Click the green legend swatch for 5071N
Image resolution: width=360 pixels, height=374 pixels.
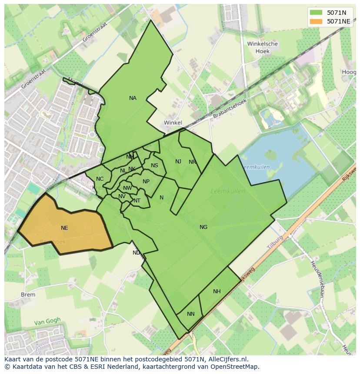pos(317,13)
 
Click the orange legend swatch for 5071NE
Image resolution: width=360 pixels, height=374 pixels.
pos(317,21)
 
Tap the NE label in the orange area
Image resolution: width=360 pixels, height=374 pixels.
pos(64,228)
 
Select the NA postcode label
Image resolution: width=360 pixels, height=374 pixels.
pos(133,98)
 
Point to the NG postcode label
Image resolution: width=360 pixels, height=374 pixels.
pos(203,227)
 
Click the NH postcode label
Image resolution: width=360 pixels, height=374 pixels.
pos(217,291)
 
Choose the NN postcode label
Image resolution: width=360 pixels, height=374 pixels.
pos(191,314)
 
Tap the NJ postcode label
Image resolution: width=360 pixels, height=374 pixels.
pos(178,162)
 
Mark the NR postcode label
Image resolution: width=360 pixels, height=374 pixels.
pos(192,162)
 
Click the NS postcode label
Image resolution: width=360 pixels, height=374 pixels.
pos(154,165)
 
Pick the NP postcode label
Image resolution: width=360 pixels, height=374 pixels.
pos(146,182)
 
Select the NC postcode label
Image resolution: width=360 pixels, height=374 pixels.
pos(100,179)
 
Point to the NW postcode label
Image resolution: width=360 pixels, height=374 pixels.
pos(127,188)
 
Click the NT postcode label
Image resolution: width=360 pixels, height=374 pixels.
pos(137,201)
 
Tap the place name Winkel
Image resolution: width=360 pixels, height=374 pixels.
pos(173,123)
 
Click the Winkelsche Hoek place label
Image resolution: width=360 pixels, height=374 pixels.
pos(262,47)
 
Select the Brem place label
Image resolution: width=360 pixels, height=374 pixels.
pos(28,295)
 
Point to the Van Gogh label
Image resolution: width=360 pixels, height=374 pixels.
pos(47,322)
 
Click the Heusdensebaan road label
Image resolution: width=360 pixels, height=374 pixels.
pos(317,278)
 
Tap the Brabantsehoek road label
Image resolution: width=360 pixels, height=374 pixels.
pos(230,109)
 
